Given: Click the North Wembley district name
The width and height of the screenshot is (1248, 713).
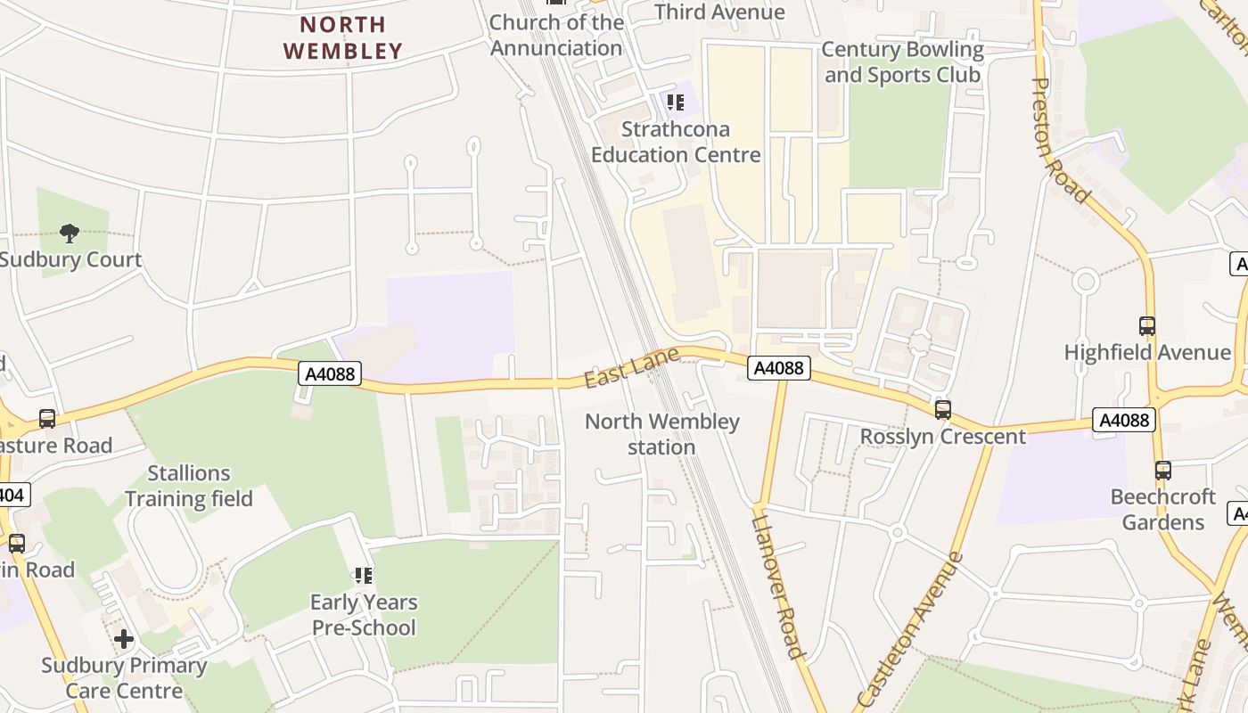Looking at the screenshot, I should tap(343, 37).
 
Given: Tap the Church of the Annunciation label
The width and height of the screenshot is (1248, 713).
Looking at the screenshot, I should tap(556, 35).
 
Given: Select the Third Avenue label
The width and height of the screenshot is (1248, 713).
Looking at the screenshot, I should tap(719, 12).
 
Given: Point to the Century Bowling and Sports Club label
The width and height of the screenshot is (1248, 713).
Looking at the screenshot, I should tap(902, 61).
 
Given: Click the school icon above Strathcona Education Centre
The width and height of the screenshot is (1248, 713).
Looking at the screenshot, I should tap(676, 102).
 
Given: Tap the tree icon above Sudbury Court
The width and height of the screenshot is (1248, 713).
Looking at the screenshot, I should tap(69, 234).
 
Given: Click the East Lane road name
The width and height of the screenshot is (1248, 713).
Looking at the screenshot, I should tap(631, 368).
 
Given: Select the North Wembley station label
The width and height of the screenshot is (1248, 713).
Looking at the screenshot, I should tap(661, 434).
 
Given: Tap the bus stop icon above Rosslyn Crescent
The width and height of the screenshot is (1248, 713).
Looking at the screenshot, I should tap(942, 410).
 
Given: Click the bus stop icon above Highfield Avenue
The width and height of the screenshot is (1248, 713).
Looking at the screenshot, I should tap(1147, 326).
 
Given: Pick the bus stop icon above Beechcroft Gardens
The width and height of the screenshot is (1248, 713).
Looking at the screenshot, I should tap(1162, 471).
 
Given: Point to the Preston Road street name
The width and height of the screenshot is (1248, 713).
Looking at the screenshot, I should tap(1060, 140).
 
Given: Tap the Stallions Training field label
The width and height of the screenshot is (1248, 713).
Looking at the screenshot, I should tap(189, 486).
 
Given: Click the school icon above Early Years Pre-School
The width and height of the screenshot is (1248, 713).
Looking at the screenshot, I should tap(363, 576).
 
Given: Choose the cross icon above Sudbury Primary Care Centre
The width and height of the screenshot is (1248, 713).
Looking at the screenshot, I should tap(124, 639).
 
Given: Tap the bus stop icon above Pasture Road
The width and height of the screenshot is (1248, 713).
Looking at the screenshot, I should tap(47, 419).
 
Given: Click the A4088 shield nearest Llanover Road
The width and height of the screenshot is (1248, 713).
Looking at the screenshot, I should tap(778, 367).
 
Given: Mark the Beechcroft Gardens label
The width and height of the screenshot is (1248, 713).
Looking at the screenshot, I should tap(1162, 509).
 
